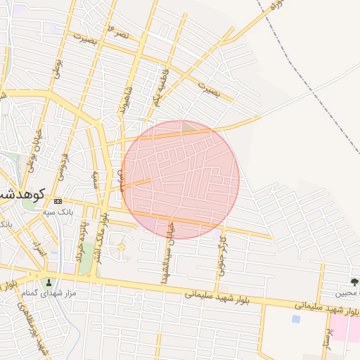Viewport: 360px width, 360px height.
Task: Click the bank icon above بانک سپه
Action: pos(58,202)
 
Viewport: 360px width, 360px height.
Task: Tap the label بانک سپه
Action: pos(58,212)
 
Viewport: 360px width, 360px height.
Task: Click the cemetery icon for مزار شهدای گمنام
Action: pos(48,283)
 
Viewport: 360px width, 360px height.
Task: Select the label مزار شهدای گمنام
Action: pos(49,292)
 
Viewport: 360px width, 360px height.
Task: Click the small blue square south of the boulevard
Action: pos(295,319)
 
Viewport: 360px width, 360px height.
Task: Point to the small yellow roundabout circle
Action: pos(121,247)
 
